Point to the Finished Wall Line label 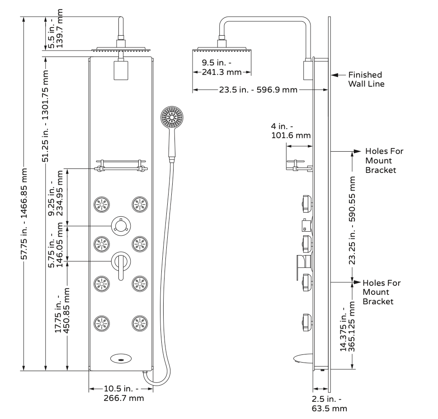pos(365,79)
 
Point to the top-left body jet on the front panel pos(102,205)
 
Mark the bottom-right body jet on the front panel pos(140,323)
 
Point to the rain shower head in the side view pos(221,49)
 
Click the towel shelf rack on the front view pos(121,165)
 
